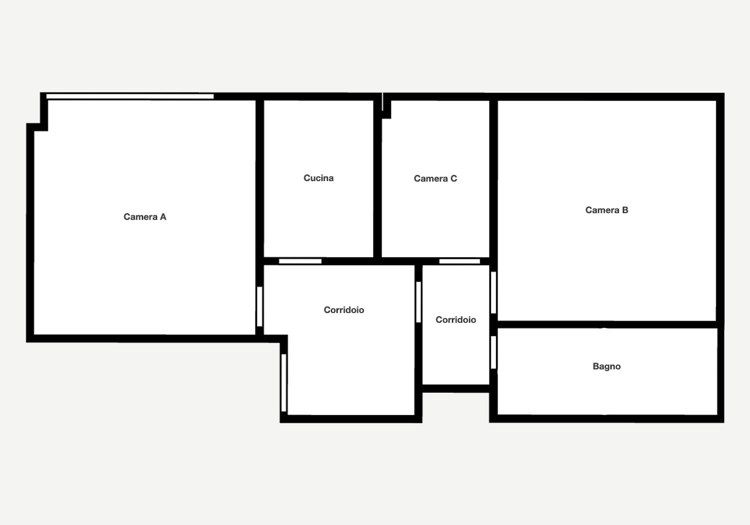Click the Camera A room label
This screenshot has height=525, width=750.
[x=144, y=217]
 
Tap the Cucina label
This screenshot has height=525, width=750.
[x=318, y=178]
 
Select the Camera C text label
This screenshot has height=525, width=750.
[x=435, y=178]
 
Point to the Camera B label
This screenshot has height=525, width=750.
[x=606, y=210]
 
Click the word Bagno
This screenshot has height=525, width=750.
[x=606, y=366]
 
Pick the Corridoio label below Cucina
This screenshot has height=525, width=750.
[x=343, y=310]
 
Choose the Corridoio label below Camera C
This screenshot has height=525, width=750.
[x=455, y=320]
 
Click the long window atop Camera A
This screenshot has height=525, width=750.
[x=130, y=96]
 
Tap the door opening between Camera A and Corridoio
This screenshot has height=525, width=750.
[x=259, y=306]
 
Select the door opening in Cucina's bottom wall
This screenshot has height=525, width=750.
[x=300, y=261]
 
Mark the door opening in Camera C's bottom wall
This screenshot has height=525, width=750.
[x=459, y=261]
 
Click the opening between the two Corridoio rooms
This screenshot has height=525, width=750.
[x=418, y=302]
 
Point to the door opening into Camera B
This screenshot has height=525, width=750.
[x=493, y=292]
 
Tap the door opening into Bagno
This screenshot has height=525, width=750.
[x=493, y=352]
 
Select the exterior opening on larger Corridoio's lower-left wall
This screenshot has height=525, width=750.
[x=283, y=382]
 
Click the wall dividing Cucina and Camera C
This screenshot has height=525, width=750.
[x=377, y=178]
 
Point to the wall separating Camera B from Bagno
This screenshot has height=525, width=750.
[x=607, y=325]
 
